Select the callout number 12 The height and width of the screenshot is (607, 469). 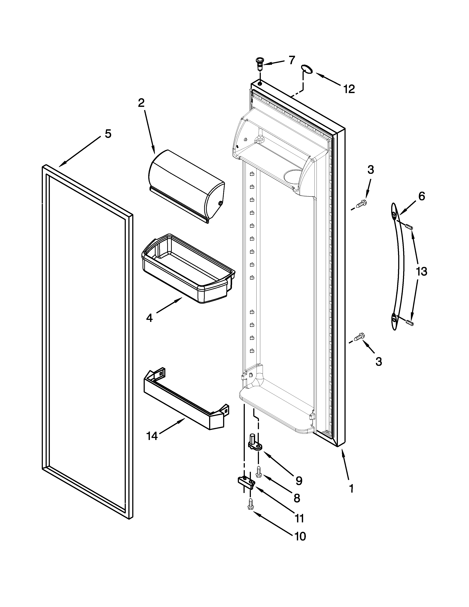pyautogui.click(x=349, y=89)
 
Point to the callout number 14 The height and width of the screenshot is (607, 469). pyautogui.click(x=152, y=436)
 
